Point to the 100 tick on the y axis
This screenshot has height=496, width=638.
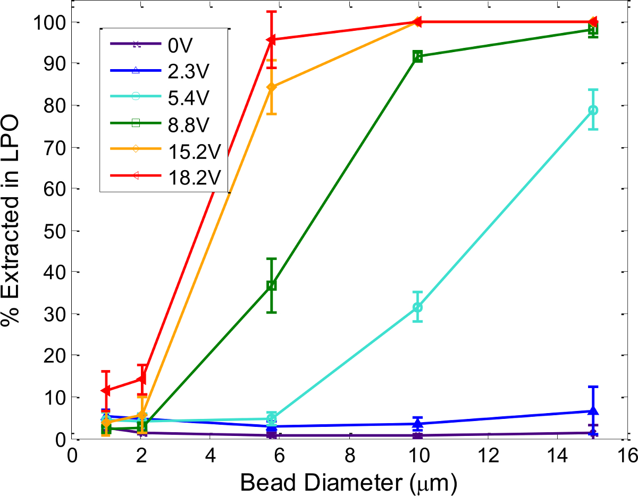49,22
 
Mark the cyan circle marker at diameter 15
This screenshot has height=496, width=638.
593,110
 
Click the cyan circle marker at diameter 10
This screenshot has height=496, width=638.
417,307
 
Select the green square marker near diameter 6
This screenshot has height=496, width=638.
272,285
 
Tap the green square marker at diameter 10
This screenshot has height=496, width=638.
417,56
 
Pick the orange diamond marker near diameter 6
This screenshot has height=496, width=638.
272,87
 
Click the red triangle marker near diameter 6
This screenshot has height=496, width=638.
271,40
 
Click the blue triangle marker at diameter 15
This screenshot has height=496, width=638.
593,411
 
